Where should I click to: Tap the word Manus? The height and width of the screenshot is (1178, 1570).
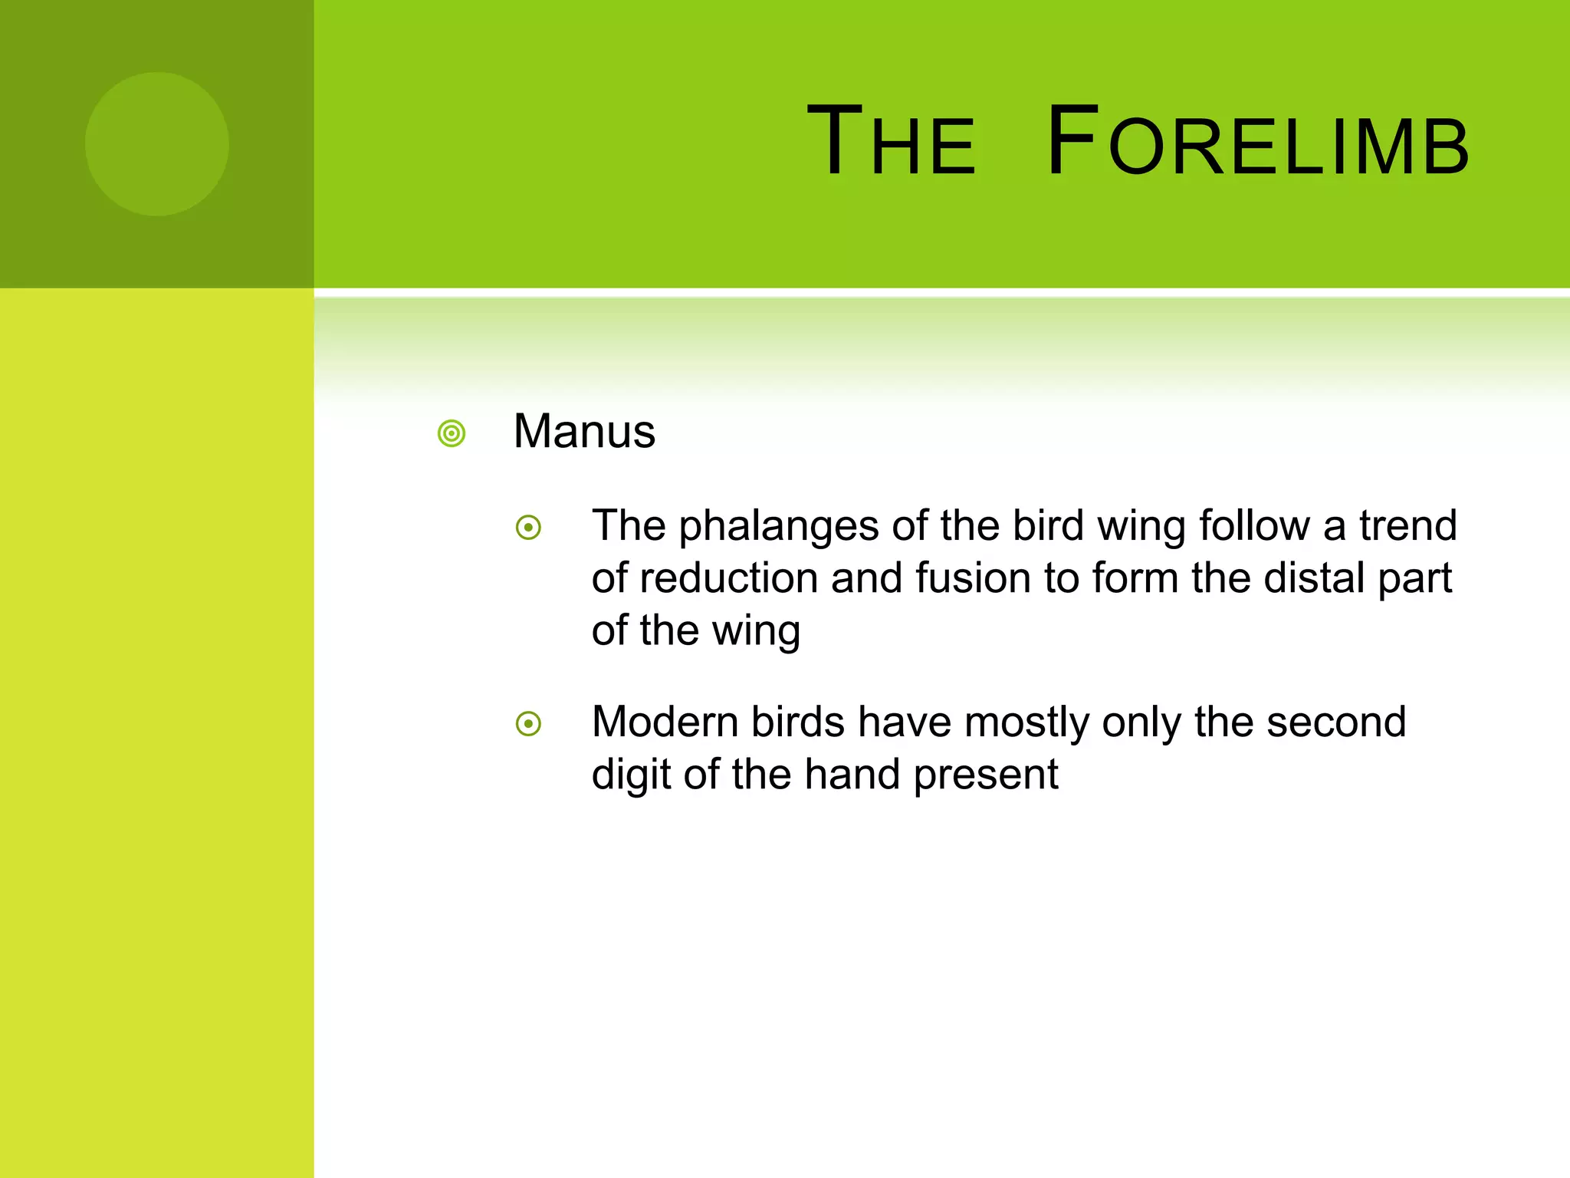pyautogui.click(x=584, y=431)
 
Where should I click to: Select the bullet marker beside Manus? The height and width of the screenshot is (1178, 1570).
pyautogui.click(x=452, y=433)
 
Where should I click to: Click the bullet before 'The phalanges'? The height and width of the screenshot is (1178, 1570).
pyautogui.click(x=529, y=528)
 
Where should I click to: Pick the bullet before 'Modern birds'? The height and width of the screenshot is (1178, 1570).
pyautogui.click(x=529, y=723)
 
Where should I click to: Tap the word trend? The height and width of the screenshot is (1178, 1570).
pyautogui.click(x=1407, y=526)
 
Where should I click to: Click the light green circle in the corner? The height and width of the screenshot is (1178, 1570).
pyautogui.click(x=157, y=144)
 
